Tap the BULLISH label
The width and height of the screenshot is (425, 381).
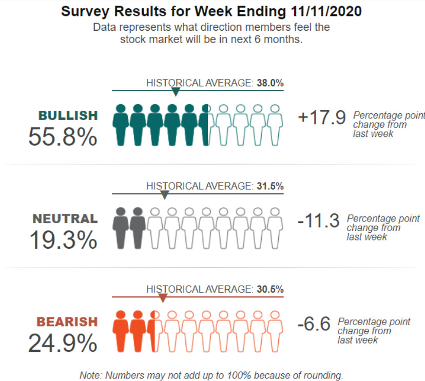[x=67, y=115]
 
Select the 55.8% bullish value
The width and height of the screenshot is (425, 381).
[x=62, y=137]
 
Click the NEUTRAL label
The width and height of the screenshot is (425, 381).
[x=65, y=218]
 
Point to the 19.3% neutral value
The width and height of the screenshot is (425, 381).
[x=62, y=240]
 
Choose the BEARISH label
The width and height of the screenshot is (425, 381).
[x=67, y=322]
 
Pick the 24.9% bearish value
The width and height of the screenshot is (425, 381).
[x=62, y=343]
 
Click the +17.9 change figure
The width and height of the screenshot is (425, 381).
[x=322, y=117]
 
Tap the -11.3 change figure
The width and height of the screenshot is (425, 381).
[x=318, y=221]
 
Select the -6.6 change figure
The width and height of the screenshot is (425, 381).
[x=314, y=324]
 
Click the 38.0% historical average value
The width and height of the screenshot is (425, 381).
[x=271, y=83]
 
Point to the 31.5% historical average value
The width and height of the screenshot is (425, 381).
[x=271, y=186]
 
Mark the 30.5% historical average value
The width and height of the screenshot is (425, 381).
[x=271, y=289]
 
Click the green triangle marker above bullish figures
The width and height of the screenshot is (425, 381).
[x=176, y=92]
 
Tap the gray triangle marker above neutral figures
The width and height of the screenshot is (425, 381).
[x=164, y=195]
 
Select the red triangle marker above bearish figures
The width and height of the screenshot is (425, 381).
[x=163, y=298]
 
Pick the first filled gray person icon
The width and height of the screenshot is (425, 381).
[x=121, y=228]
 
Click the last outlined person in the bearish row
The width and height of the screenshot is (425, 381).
[x=275, y=331]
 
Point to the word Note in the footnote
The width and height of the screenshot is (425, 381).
[x=90, y=375]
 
